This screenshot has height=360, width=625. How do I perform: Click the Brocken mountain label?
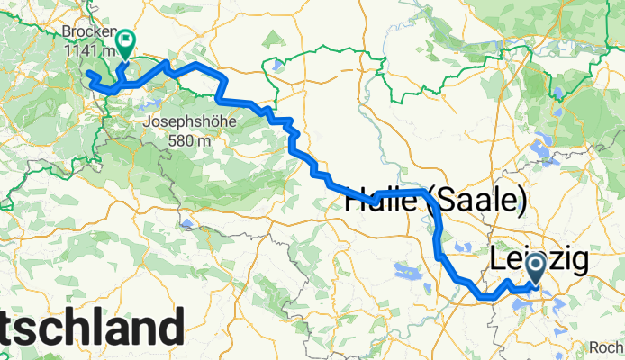[x=86, y=31]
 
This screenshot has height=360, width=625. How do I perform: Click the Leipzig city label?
[x=540, y=261]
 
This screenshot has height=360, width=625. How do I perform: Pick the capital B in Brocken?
[x=68, y=31]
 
